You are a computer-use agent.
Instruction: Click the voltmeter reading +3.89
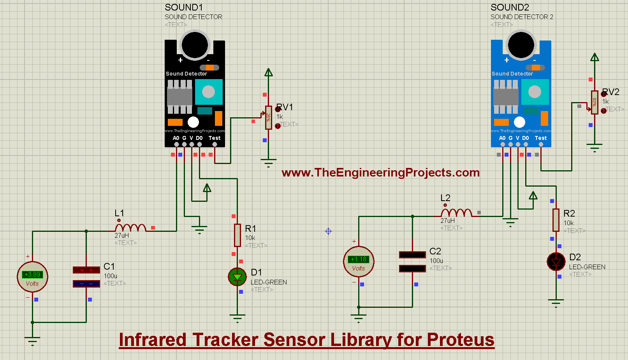(x=32, y=277)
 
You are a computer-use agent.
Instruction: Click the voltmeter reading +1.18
(x=359, y=261)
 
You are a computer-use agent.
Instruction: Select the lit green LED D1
(x=237, y=277)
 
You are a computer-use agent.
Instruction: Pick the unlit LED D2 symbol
(x=556, y=262)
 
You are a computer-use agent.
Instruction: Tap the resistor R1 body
(x=237, y=235)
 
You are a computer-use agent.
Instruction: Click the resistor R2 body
(x=556, y=220)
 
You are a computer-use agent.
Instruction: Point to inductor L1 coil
(x=131, y=228)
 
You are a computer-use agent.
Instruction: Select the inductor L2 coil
(x=456, y=213)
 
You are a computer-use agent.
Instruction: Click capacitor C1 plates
(x=86, y=277)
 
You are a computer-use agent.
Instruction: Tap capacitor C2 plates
(x=412, y=261)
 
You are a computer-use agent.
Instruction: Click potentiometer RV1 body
(x=268, y=117)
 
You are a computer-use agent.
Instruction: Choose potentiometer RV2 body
(x=595, y=102)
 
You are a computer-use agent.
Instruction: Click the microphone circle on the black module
(x=195, y=44)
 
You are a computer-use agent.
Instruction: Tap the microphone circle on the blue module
(x=521, y=44)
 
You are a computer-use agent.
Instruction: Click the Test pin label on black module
(x=215, y=138)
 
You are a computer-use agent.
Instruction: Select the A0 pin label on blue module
(x=502, y=138)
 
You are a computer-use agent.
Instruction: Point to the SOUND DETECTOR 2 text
(x=522, y=17)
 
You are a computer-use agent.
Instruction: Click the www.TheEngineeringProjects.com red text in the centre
(x=380, y=172)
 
